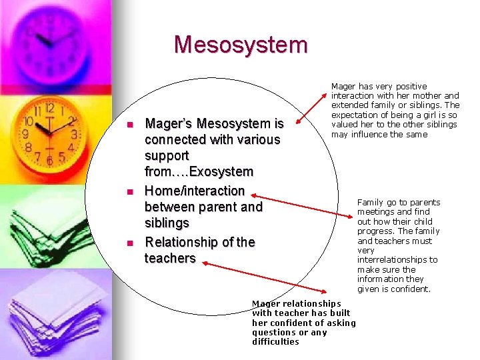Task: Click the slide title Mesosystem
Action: click(241, 45)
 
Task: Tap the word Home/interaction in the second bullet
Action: click(195, 191)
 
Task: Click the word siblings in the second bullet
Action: click(167, 223)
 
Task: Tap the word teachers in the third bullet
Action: click(170, 258)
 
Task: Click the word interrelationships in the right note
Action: click(397, 259)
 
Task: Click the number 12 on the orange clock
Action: click(49, 108)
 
